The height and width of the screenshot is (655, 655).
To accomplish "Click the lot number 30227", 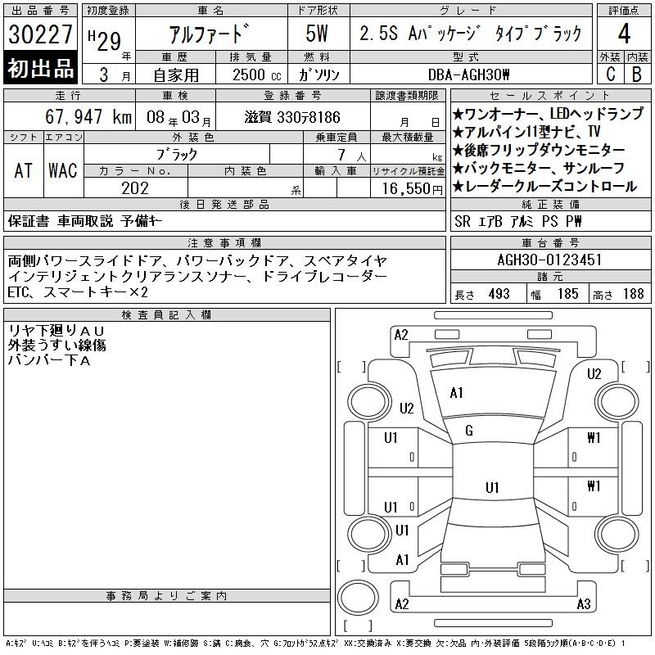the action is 40,34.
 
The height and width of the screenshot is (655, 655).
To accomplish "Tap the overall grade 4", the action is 624,34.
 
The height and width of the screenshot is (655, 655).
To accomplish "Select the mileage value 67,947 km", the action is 88,117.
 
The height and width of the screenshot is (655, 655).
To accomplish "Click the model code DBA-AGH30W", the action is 468,75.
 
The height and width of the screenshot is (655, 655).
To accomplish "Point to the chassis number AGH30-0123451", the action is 549,260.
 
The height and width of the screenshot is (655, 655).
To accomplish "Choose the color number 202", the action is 135,188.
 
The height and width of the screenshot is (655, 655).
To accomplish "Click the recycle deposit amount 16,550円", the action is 413,189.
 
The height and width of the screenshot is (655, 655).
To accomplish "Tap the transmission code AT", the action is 23,170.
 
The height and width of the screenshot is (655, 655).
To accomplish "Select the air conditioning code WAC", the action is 63,170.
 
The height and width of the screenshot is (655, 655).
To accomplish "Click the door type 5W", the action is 317,34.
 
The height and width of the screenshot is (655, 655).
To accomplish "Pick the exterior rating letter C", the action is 610,75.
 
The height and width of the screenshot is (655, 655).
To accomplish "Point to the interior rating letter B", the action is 637,75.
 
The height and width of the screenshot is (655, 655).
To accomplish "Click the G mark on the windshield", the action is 469,431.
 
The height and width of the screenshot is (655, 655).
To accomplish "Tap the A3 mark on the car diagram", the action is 584,604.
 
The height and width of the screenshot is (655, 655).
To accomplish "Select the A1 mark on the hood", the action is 457,393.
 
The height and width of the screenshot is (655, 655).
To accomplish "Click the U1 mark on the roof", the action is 492,487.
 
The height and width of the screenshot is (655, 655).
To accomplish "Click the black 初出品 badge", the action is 40,67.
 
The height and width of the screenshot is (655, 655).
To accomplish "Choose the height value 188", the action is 633,294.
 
